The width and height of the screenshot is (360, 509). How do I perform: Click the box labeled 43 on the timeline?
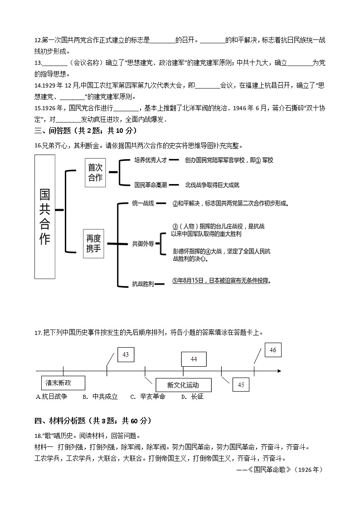[126, 355]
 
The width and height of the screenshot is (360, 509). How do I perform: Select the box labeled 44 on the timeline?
[194, 359]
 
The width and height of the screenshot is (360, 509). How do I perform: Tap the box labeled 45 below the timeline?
[241, 384]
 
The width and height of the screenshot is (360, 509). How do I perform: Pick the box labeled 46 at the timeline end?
[272, 350]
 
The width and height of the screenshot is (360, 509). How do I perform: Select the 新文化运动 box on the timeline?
[183, 385]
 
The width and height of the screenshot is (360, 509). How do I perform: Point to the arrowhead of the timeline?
[278, 371]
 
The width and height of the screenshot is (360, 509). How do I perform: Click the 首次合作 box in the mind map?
[95, 172]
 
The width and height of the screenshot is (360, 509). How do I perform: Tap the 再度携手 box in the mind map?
[93, 243]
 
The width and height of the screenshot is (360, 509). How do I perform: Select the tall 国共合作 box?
[45, 217]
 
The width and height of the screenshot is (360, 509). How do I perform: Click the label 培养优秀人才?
[151, 160]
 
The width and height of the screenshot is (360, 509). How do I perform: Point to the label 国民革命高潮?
[151, 184]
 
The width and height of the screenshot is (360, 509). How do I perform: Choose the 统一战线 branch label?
[143, 203]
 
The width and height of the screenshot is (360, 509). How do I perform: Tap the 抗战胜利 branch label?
[143, 284]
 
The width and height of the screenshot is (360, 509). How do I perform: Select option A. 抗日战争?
[51, 397]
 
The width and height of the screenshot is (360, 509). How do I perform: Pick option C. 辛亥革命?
[148, 397]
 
